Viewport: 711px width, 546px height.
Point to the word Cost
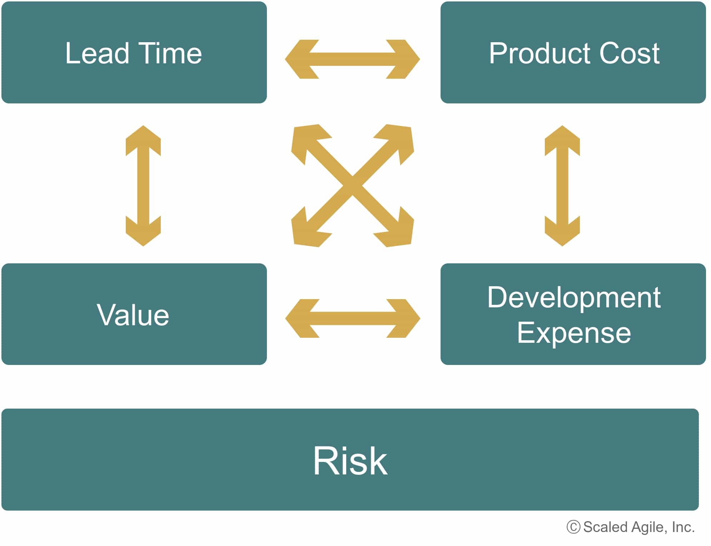point(630,53)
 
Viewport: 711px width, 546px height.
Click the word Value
point(133,315)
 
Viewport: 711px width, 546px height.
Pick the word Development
point(574,298)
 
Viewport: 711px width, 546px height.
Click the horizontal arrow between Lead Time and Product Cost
point(352,59)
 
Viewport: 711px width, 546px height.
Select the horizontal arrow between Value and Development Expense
point(353,318)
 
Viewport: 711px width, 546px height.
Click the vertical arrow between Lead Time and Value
point(143,186)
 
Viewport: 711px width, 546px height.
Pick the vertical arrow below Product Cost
point(562,186)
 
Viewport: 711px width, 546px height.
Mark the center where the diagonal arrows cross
point(353,186)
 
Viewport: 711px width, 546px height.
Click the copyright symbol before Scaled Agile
point(573,527)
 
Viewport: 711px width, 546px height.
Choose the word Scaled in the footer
point(605,527)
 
